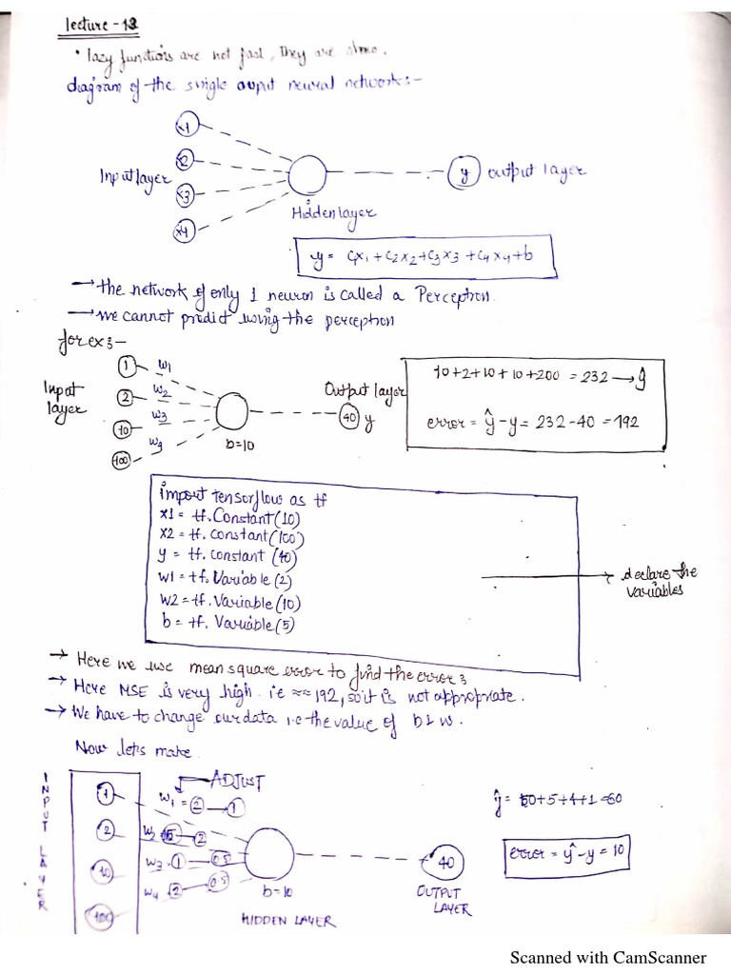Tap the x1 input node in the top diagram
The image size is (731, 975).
click(x=187, y=127)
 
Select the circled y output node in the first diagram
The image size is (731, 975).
click(x=465, y=173)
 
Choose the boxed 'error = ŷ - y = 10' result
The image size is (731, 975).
click(x=566, y=850)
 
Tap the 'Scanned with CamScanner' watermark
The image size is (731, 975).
click(x=608, y=957)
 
